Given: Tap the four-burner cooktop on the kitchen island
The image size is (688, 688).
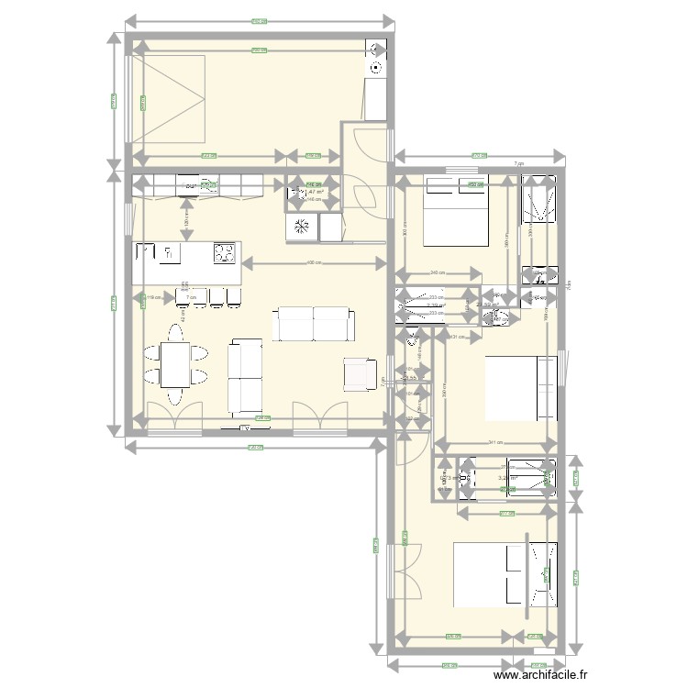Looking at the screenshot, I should pos(224,251).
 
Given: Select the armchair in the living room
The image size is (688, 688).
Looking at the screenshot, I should pos(360,372).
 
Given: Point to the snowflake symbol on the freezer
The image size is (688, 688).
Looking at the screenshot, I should pos(300,227).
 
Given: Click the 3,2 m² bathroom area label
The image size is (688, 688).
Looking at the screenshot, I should pos(507,478).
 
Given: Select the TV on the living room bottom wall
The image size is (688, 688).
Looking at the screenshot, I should pos(247,427).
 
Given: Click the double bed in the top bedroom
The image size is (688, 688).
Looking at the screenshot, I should pos(454,212).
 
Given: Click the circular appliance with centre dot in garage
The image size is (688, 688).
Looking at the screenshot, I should pos(376,68).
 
